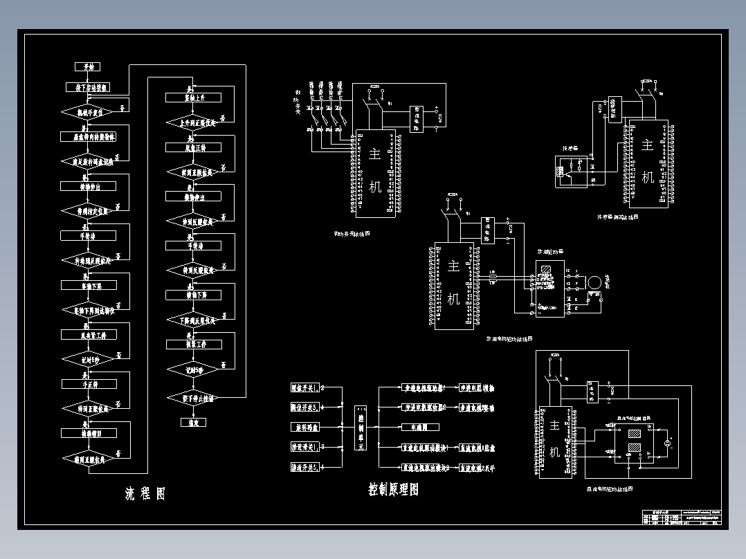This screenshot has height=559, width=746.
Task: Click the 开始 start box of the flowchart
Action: [88, 66]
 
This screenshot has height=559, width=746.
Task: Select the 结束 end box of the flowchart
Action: [193, 422]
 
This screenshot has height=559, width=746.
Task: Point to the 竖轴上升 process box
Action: [193, 98]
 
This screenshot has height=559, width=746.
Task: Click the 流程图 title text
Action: [145, 494]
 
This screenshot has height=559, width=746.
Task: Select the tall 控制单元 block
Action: [360, 429]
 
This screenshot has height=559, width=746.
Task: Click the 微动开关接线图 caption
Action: [352, 234]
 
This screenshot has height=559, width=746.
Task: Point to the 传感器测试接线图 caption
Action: [617, 217]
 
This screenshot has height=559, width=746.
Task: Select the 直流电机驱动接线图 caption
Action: [605, 489]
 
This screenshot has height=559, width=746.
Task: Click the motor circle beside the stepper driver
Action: [593, 282]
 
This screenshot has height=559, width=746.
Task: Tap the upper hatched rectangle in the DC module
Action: [634, 434]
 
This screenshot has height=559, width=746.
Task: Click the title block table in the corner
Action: [682, 518]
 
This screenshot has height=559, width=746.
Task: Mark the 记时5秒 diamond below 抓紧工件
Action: [193, 371]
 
